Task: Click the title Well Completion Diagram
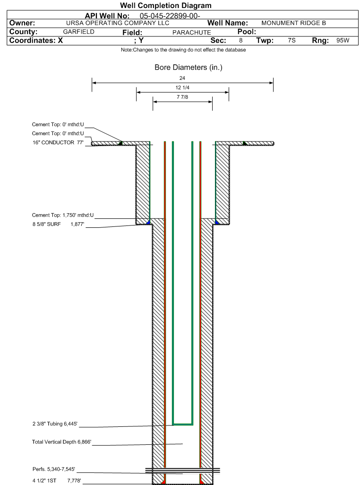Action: (166, 6)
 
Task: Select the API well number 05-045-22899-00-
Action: (170, 16)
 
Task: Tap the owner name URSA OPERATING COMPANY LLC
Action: (118, 23)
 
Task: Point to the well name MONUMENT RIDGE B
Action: (293, 23)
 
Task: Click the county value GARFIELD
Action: (78, 32)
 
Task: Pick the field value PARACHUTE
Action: (192, 33)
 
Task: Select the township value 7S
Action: (291, 41)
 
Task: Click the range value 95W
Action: (343, 41)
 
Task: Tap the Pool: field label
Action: (247, 32)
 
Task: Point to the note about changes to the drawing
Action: (183, 50)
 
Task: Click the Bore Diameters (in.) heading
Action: (189, 68)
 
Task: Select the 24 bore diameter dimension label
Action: (182, 78)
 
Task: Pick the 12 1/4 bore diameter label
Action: (182, 87)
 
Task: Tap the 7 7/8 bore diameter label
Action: (182, 97)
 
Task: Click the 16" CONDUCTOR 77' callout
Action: (58, 143)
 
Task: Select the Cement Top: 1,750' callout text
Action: (63, 215)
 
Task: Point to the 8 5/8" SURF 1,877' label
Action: (58, 224)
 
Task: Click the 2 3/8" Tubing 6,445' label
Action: (55, 424)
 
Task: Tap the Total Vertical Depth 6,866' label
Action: (61, 442)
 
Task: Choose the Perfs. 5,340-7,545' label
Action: (54, 469)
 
